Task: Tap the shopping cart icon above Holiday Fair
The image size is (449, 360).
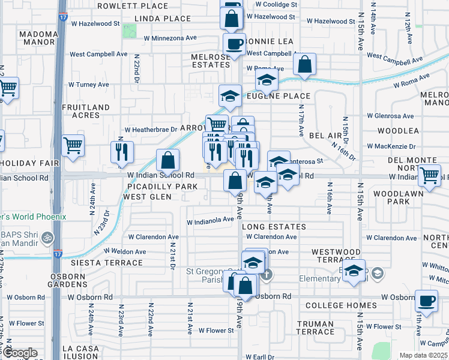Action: (x=73, y=145)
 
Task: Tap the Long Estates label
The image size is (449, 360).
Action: (x=274, y=227)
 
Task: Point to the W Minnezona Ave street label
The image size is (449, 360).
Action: (x=170, y=37)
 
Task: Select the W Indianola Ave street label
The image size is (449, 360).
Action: (x=209, y=220)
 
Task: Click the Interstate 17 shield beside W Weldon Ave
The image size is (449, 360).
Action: (x=58, y=254)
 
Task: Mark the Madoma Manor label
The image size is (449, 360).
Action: (x=29, y=38)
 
